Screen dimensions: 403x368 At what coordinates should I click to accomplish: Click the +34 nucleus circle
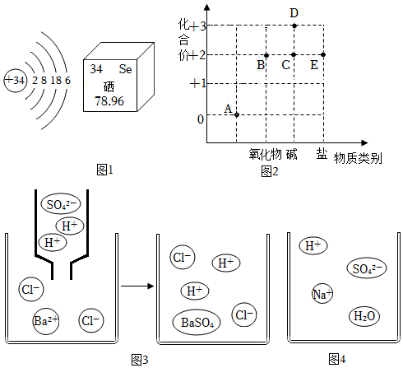click(x=16, y=81)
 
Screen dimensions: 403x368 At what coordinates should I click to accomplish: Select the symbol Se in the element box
click(x=126, y=69)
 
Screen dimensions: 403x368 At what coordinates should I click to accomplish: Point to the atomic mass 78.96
click(x=109, y=101)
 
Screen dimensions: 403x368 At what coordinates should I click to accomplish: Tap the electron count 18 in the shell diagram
click(x=56, y=81)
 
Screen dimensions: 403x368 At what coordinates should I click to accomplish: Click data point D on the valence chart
click(x=294, y=26)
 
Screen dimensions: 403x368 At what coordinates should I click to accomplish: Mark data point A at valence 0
click(x=237, y=114)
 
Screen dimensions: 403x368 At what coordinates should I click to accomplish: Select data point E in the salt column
click(x=323, y=55)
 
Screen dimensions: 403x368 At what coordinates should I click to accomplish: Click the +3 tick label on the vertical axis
click(x=198, y=26)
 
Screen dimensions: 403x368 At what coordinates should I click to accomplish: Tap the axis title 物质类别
click(x=358, y=158)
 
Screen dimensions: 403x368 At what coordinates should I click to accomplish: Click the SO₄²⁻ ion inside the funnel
click(x=61, y=204)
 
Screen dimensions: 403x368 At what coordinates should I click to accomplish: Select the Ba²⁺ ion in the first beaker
click(x=46, y=321)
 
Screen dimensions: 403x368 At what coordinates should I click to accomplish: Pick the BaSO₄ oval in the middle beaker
click(x=197, y=322)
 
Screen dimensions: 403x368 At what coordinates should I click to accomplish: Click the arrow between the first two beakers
click(x=137, y=286)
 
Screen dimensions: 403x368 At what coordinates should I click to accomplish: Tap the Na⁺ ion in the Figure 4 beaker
click(x=322, y=294)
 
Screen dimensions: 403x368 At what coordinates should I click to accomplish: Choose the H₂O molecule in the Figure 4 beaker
click(x=364, y=316)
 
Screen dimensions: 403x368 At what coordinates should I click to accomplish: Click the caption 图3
click(x=140, y=360)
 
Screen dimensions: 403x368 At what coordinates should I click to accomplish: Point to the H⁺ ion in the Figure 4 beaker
click(x=313, y=245)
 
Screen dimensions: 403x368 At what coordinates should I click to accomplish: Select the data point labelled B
click(x=266, y=55)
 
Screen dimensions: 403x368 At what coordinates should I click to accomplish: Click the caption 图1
click(x=104, y=170)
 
